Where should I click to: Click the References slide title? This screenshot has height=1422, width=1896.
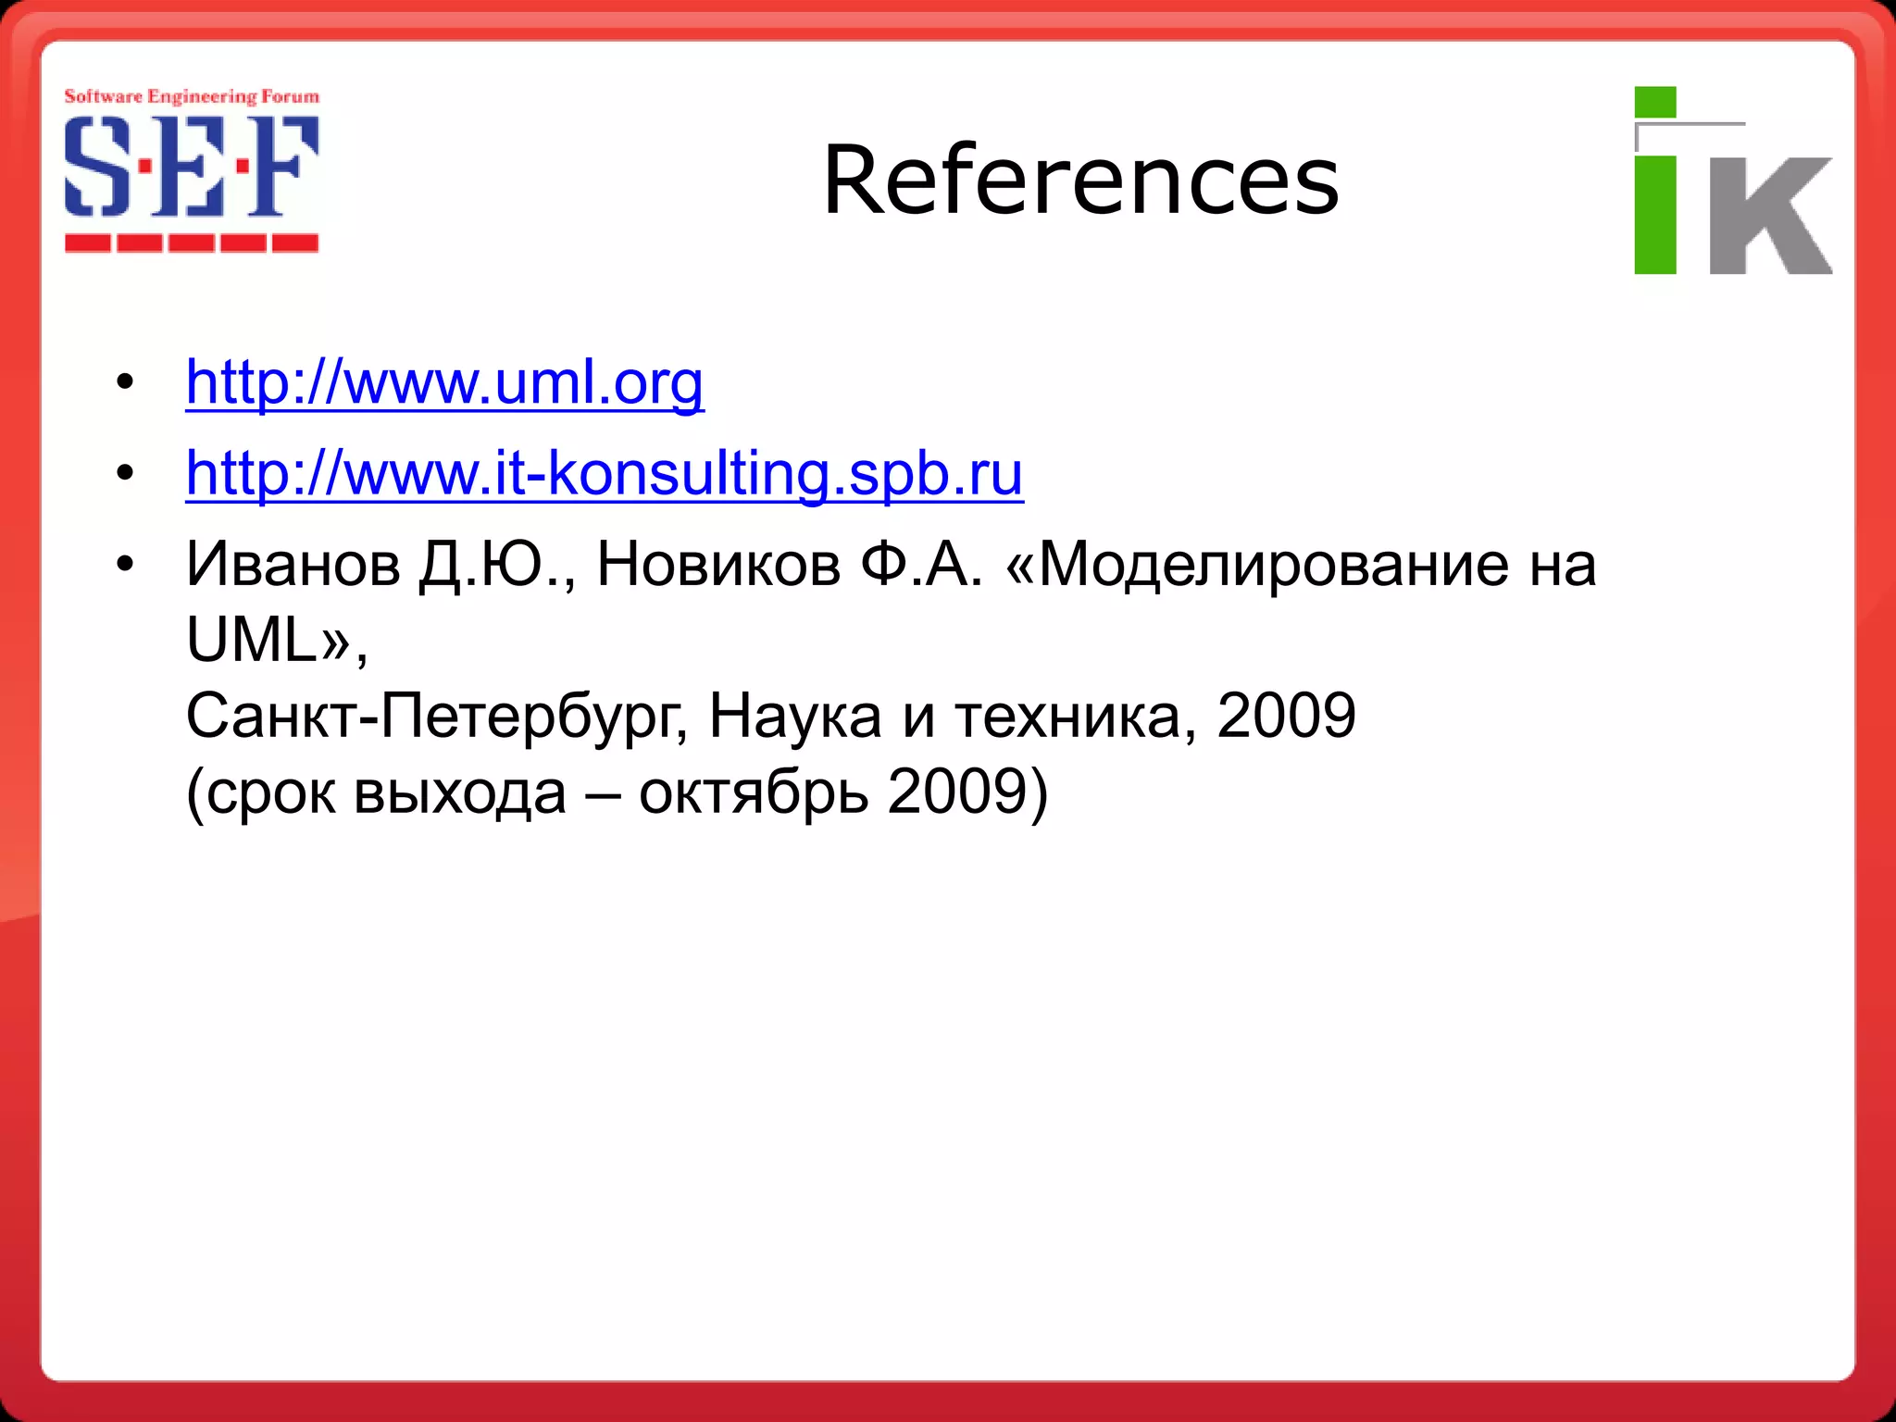[x=1080, y=180]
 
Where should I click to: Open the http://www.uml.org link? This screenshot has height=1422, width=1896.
[x=444, y=382]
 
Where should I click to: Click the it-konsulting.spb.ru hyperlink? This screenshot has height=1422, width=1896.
[x=605, y=473]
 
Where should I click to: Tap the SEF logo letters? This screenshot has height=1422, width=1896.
[x=192, y=168]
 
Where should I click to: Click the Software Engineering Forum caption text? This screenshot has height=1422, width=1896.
[x=192, y=96]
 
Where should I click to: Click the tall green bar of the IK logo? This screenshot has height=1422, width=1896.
[x=1655, y=215]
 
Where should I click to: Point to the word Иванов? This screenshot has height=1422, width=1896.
[x=293, y=564]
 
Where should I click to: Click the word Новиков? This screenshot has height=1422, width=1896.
[x=718, y=564]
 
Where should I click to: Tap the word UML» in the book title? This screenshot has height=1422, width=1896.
[x=268, y=640]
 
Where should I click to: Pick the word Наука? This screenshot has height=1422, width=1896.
[x=795, y=717]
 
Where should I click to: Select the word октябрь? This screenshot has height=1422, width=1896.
[x=754, y=793]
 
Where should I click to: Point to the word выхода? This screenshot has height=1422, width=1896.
[x=459, y=793]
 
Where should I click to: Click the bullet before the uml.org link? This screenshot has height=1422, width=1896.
[x=125, y=382]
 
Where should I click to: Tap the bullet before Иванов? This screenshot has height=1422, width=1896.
[x=125, y=564]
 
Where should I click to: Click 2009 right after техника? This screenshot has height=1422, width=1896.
[x=1286, y=717]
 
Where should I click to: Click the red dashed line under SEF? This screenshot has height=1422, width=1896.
[x=192, y=243]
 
